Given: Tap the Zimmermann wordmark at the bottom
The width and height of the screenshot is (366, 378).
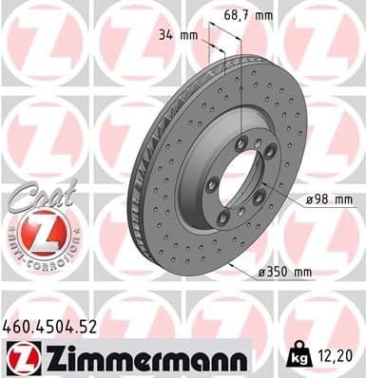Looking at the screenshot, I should [141, 359].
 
